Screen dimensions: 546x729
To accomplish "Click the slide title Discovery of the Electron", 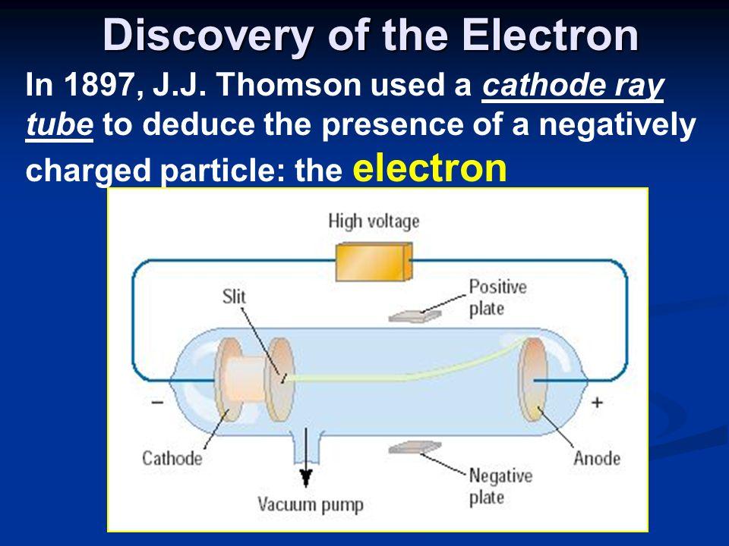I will (370, 34).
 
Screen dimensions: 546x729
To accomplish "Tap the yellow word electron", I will (431, 170).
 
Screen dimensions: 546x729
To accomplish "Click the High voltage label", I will (373, 221).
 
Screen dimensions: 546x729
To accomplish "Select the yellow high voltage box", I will (373, 262).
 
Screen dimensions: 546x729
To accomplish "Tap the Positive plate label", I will (497, 298).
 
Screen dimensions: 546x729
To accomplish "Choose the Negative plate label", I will (500, 487).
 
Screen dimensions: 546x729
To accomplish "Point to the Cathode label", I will (172, 458).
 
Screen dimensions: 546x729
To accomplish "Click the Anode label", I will (596, 458).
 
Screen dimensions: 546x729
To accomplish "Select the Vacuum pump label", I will (311, 504).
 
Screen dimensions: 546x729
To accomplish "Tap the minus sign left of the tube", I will (156, 402).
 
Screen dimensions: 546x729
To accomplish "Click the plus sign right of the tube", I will (596, 402).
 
